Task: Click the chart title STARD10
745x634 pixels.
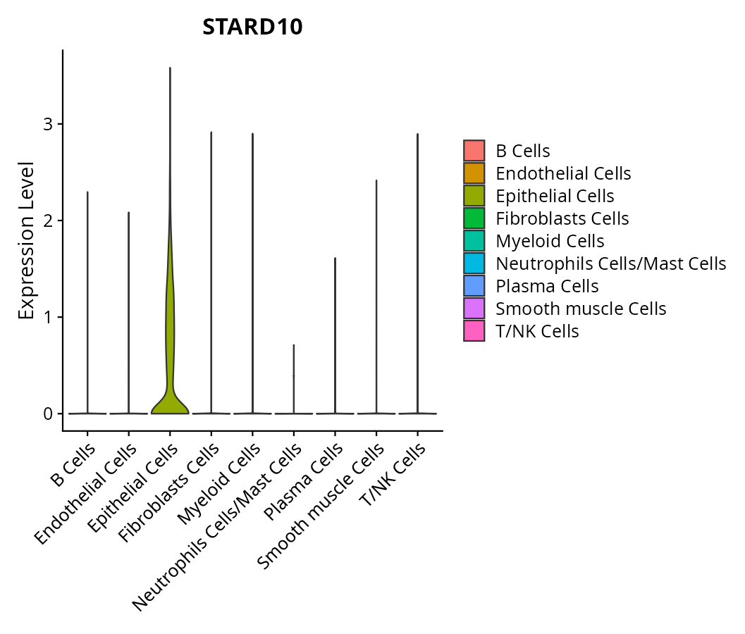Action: [252, 27]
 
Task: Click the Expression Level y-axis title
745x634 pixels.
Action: [26, 240]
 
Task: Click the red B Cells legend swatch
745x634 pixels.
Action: [474, 151]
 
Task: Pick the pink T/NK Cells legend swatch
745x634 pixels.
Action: [474, 331]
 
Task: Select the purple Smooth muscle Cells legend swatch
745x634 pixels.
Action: [474, 309]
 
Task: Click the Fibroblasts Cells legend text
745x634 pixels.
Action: [562, 218]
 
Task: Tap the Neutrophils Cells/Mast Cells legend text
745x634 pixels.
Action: [610, 263]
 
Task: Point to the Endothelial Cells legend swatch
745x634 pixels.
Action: [474, 173]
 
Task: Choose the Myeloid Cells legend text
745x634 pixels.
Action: [550, 241]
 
